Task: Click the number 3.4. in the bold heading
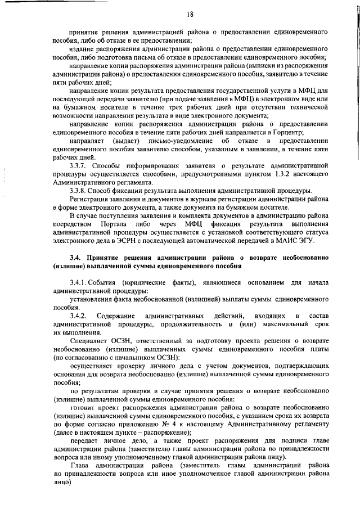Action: tap(75, 257)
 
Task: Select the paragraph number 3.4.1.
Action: tap(80, 281)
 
